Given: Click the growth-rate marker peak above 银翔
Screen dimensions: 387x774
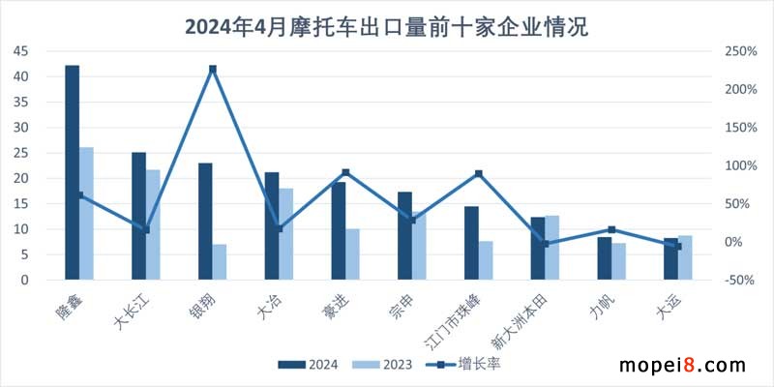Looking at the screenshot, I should (x=213, y=69).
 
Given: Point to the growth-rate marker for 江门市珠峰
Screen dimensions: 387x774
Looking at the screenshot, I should (x=479, y=174).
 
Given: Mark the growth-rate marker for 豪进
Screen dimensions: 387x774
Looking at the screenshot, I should (x=345, y=172).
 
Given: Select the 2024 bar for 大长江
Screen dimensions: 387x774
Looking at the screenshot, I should (x=138, y=216).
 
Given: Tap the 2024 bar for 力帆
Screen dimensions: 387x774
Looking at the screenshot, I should (x=604, y=258).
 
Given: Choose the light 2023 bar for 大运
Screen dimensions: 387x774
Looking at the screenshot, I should (x=686, y=257).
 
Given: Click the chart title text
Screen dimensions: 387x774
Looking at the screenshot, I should (x=386, y=24).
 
